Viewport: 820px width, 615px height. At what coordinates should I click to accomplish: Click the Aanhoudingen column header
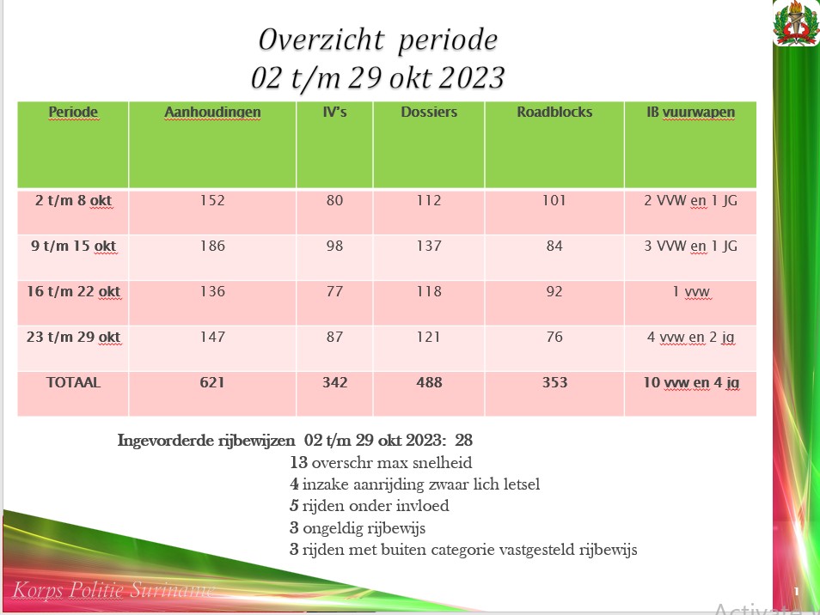point(212,113)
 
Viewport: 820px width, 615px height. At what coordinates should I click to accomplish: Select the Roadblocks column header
point(554,113)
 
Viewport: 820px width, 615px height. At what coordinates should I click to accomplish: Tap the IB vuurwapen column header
point(690,113)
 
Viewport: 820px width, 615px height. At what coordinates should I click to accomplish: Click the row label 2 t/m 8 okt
point(73,201)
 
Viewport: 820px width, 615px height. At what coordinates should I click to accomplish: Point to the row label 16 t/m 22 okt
point(73,291)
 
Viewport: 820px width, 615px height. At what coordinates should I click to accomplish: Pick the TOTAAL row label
point(73,383)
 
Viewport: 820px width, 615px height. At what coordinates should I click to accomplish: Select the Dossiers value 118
point(428,291)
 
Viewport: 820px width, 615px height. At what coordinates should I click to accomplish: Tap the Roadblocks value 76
point(554,337)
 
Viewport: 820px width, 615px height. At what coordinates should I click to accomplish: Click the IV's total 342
point(334,383)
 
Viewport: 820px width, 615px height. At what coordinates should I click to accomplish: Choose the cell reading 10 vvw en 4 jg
point(691,383)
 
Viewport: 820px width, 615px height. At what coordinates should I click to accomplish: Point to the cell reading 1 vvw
point(691,291)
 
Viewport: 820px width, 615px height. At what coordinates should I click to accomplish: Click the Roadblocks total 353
point(554,383)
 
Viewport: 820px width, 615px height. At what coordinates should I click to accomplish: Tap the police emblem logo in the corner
point(797,23)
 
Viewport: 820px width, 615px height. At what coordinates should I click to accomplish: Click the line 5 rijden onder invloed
point(370,506)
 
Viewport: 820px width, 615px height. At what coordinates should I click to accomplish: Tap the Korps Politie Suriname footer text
point(114,590)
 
